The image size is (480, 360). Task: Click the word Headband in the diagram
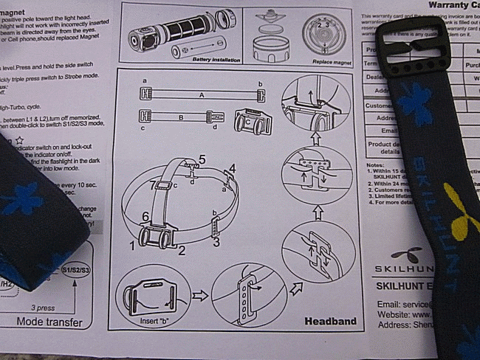click(x=330, y=321)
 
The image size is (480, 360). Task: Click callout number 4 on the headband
click(x=231, y=169)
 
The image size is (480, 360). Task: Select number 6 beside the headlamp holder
click(x=145, y=215)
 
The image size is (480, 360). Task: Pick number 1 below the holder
click(x=133, y=243)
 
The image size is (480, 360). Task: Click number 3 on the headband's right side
click(x=216, y=241)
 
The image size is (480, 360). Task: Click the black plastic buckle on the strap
click(x=411, y=44)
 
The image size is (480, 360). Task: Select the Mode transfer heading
click(x=49, y=321)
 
